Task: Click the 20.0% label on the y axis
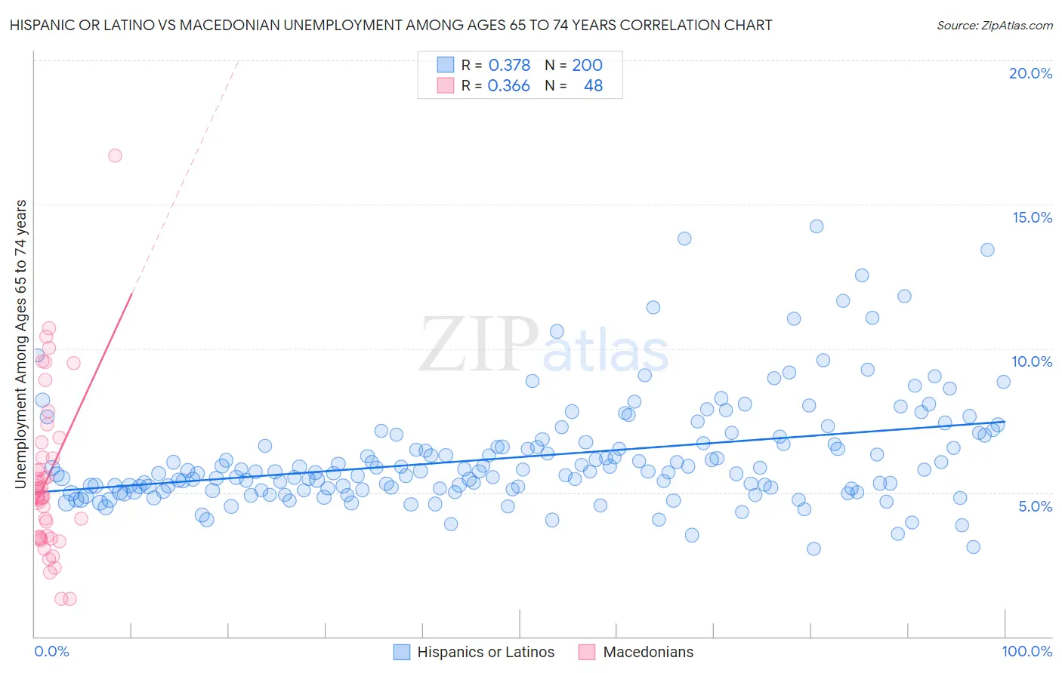(x=1030, y=73)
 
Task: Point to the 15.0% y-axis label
(x=1032, y=217)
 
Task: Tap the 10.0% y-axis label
(x=1032, y=361)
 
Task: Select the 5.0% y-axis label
(x=1035, y=506)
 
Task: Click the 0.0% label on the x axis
(x=51, y=651)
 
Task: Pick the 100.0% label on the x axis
(x=1026, y=651)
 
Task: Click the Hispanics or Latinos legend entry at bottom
(x=485, y=652)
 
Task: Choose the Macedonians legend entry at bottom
(x=647, y=652)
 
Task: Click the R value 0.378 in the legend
(x=509, y=66)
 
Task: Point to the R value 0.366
(x=508, y=86)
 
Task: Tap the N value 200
(x=587, y=66)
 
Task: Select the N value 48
(x=593, y=86)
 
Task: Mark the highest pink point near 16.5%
(x=115, y=155)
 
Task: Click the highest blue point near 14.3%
(x=816, y=226)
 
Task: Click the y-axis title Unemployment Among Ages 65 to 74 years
(x=21, y=344)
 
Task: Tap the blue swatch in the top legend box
(x=446, y=65)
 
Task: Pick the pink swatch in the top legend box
(x=446, y=85)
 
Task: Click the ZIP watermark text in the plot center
(x=479, y=345)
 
